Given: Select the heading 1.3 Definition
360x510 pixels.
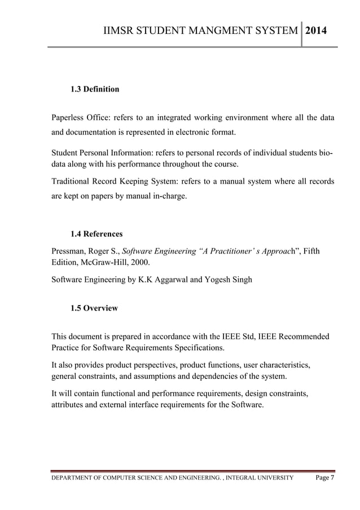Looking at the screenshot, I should pos(94,89).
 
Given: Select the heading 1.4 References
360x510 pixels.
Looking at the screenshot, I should pos(96,234).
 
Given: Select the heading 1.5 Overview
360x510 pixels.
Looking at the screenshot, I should pos(94,308).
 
